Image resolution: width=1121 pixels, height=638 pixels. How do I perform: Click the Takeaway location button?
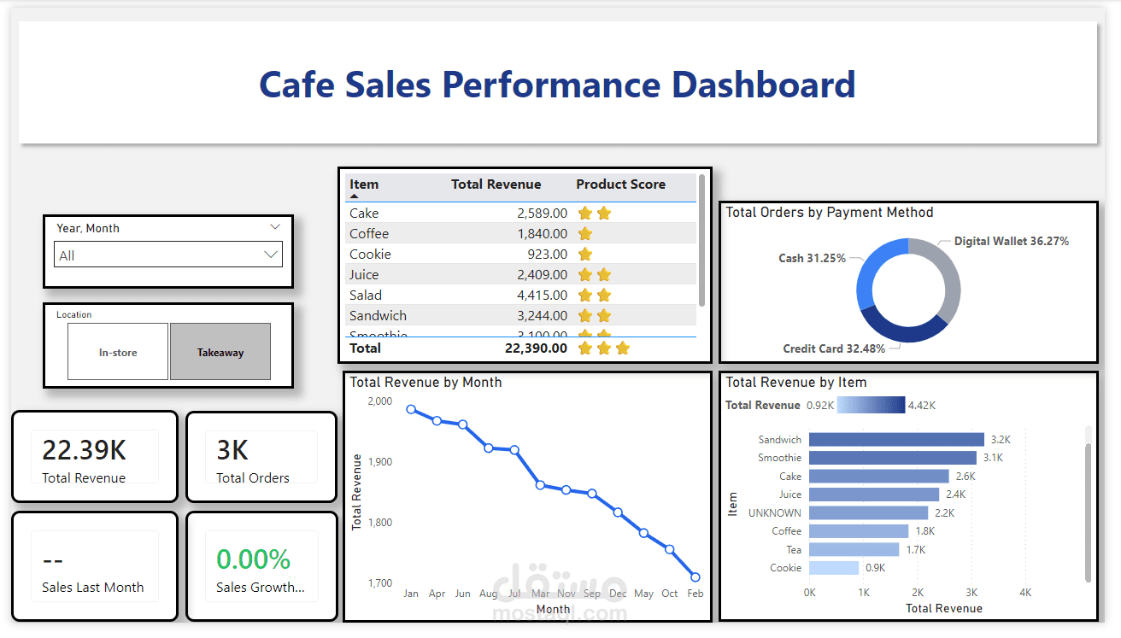[220, 352]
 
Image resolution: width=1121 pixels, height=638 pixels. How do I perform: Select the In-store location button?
[118, 352]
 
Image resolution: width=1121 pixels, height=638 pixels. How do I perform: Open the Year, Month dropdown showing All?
[167, 255]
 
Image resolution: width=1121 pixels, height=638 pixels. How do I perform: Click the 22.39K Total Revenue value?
[84, 450]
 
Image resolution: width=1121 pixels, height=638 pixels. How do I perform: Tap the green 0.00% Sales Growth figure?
[253, 559]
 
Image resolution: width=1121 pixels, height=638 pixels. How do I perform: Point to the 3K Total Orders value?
[232, 450]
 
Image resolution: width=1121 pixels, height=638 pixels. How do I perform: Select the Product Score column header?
[620, 184]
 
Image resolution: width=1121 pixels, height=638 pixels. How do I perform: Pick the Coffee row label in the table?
[369, 234]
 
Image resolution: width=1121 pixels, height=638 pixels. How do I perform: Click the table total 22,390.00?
[535, 348]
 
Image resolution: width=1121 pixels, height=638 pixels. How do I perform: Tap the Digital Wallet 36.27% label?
[1011, 242]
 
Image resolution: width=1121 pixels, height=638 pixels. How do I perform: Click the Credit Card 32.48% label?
[834, 348]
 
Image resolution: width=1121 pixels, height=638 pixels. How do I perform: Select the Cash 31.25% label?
[812, 258]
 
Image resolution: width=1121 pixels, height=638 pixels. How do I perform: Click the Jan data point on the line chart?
[411, 409]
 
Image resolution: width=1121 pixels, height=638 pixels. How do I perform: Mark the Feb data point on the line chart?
[695, 577]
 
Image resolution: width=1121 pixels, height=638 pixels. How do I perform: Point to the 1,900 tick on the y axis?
[379, 462]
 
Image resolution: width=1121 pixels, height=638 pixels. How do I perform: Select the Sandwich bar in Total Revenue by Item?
[896, 440]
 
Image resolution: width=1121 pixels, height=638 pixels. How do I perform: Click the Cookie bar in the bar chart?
[834, 568]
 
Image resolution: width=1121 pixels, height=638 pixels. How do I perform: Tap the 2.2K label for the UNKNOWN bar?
[944, 513]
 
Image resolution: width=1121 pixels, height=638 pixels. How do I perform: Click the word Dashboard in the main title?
[763, 85]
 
